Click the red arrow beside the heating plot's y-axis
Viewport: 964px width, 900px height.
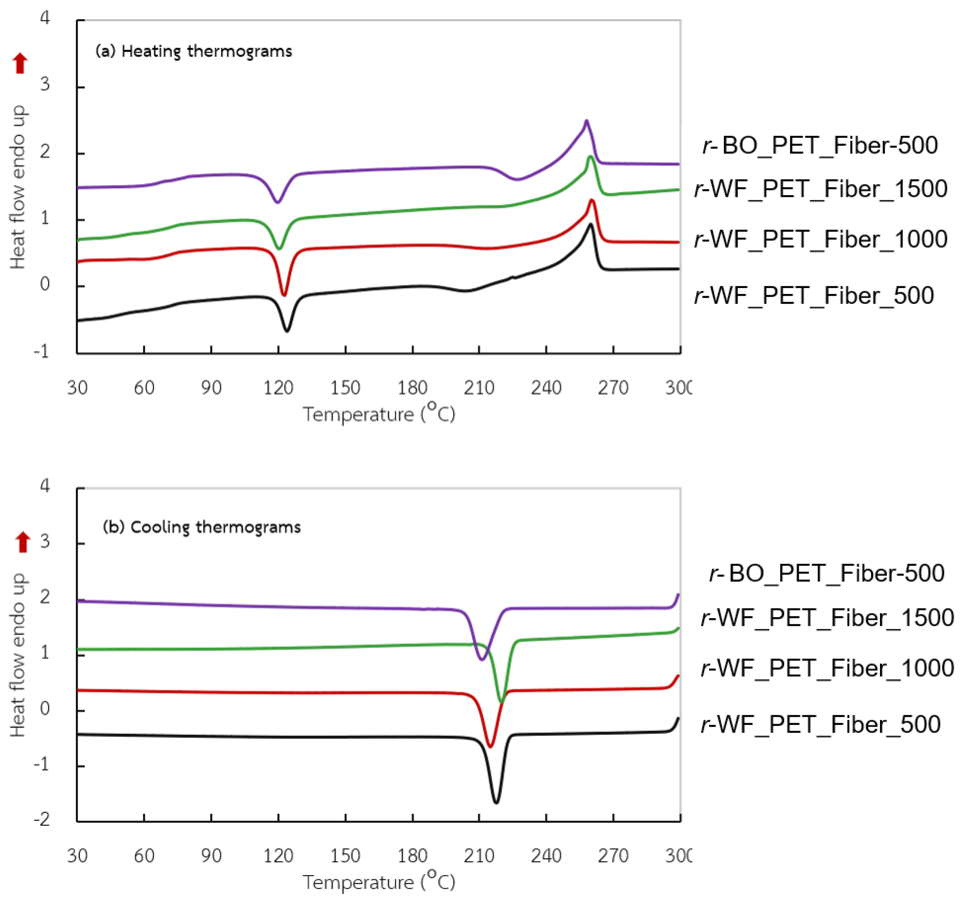pos(20,63)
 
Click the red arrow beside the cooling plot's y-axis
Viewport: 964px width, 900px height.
pos(23,542)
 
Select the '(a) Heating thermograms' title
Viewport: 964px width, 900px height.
pos(194,51)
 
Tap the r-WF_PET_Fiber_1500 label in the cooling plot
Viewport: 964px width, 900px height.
pos(827,617)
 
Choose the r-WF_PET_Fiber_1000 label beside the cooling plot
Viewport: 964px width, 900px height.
pos(827,668)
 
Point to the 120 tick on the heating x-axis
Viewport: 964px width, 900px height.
pos(278,388)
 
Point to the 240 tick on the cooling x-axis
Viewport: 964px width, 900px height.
pos(546,855)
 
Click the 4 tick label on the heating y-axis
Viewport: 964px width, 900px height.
pos(45,19)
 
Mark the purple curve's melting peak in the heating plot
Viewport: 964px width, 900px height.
pos(586,121)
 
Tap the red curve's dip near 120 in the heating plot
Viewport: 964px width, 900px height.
pos(284,294)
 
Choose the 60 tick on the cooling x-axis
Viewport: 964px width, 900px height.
pos(144,855)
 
